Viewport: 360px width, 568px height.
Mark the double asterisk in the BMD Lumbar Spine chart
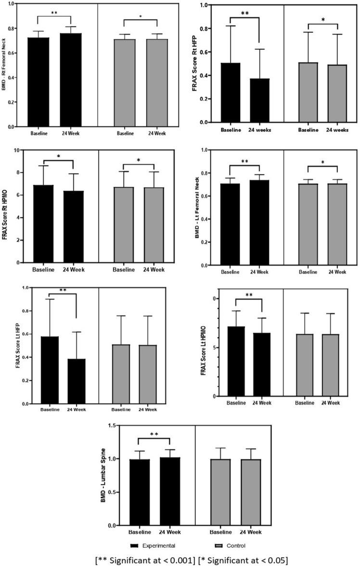tap(154, 434)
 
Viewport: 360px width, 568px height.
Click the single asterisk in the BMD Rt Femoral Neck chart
tap(140, 16)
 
